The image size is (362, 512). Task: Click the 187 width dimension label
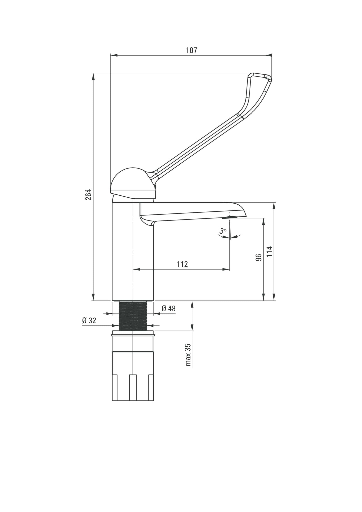tap(191, 50)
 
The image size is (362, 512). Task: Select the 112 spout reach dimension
tap(182, 264)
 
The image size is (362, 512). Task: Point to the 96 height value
tap(259, 257)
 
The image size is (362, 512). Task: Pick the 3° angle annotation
tap(223, 231)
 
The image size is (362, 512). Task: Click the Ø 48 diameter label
tap(168, 309)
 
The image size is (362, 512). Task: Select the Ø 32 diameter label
tap(89, 320)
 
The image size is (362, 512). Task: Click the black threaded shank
tap(133, 316)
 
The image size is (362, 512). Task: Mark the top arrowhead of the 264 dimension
tap(93, 76)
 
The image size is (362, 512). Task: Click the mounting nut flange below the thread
tap(133, 333)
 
